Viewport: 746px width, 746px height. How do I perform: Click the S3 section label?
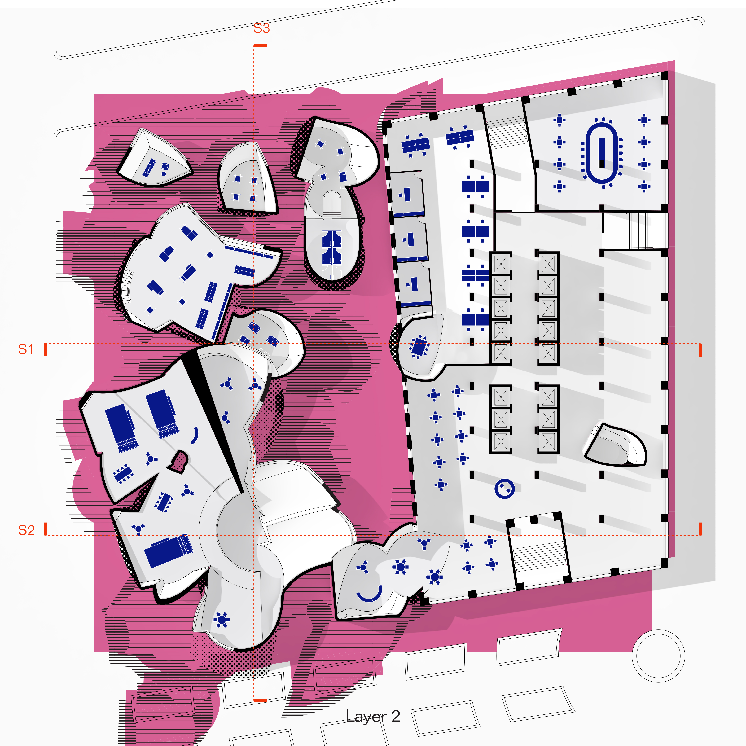[261, 28]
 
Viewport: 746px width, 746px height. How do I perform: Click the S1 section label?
[26, 349]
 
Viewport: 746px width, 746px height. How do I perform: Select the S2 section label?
[26, 530]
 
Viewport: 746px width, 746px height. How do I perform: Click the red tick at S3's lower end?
[260, 700]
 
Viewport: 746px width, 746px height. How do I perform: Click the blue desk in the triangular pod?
[149, 168]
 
